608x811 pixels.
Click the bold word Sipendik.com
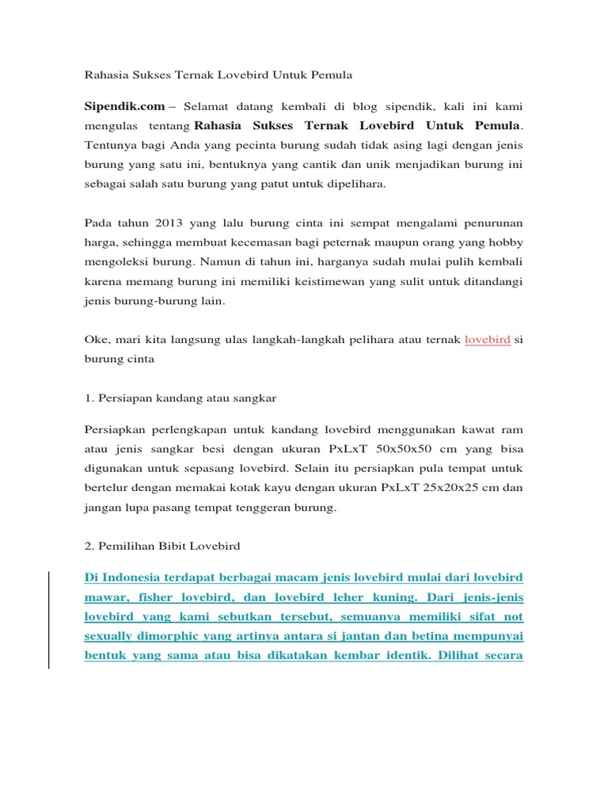(x=125, y=105)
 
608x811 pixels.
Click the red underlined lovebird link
(x=487, y=339)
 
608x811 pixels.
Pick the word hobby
(x=505, y=242)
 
